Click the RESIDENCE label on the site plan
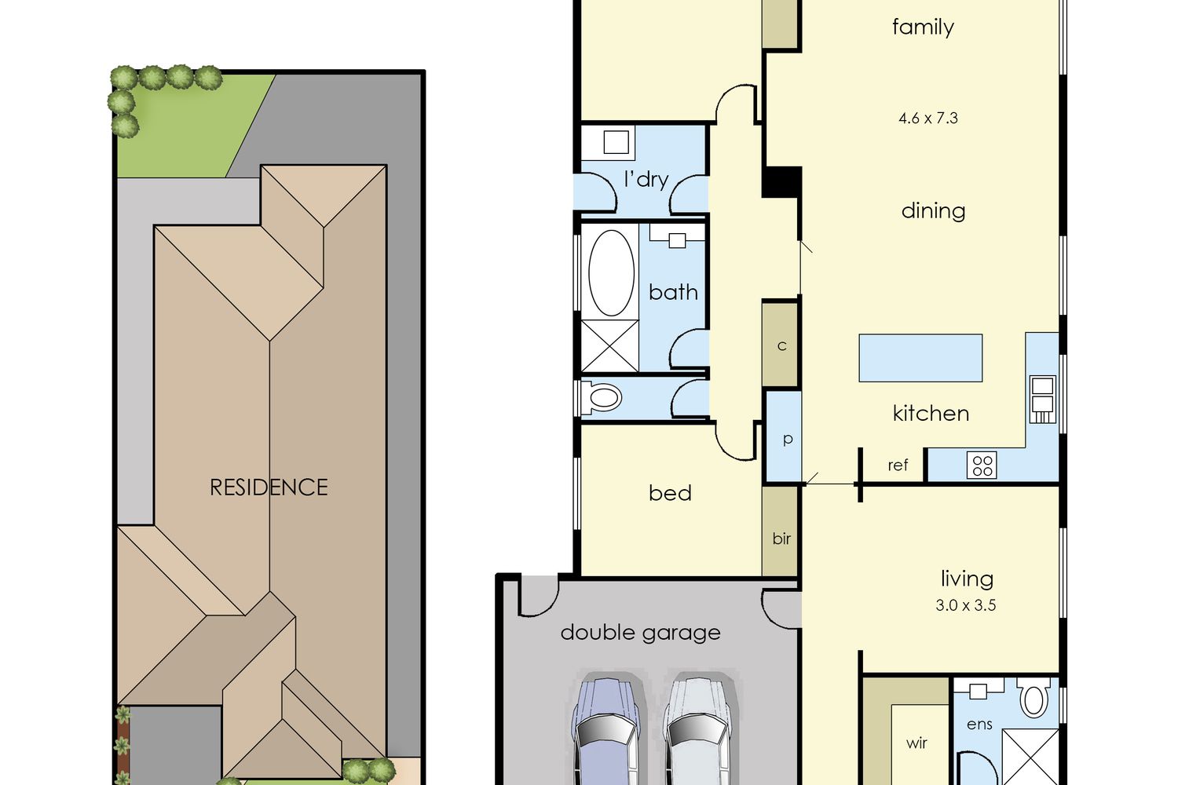[x=269, y=487]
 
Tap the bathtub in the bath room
[x=611, y=272]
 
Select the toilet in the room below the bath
[x=602, y=397]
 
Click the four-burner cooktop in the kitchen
[x=982, y=466]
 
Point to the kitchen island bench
[x=920, y=358]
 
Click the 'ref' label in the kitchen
[x=898, y=465]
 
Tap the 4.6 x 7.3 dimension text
[x=928, y=119]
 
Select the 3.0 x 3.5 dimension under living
[x=965, y=605]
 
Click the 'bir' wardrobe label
[x=781, y=539]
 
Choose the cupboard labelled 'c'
[x=781, y=345]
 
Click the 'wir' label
[x=916, y=743]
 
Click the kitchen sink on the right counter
[x=1042, y=400]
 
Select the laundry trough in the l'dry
[x=616, y=142]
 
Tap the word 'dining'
[x=934, y=211]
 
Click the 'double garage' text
[x=641, y=633]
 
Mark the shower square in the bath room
[x=609, y=345]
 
